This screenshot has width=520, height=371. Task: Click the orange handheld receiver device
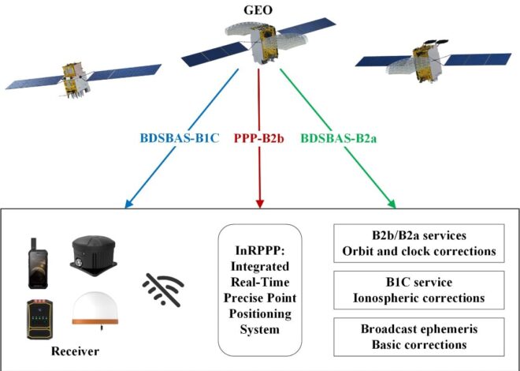click(40, 318)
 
